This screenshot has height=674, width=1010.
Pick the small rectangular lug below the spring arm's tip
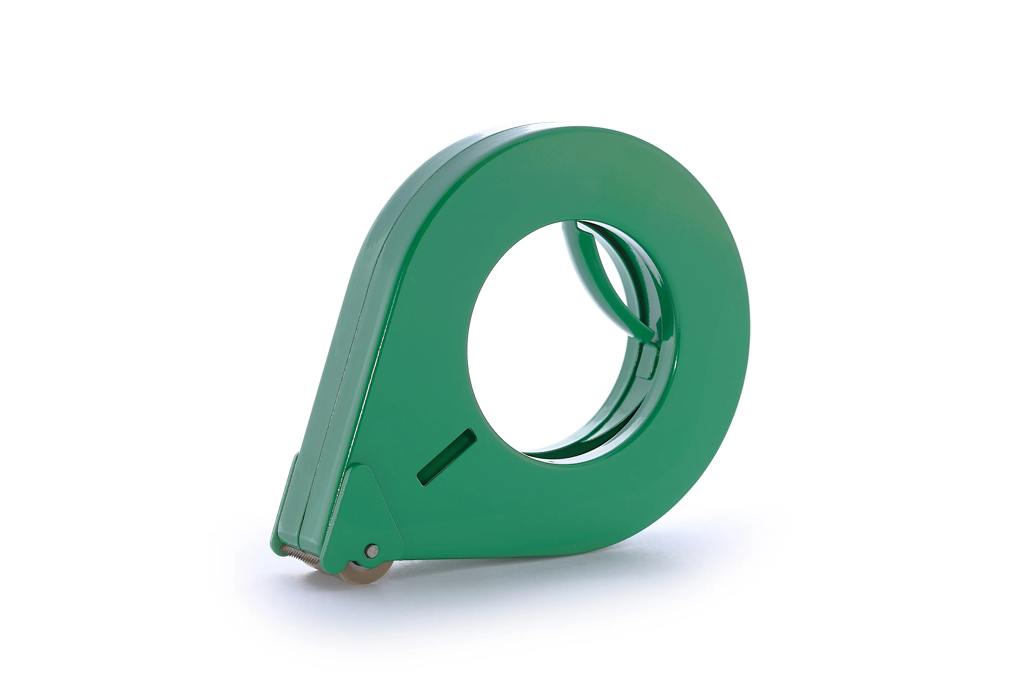646,363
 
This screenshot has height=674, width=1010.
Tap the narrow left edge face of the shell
344,344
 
